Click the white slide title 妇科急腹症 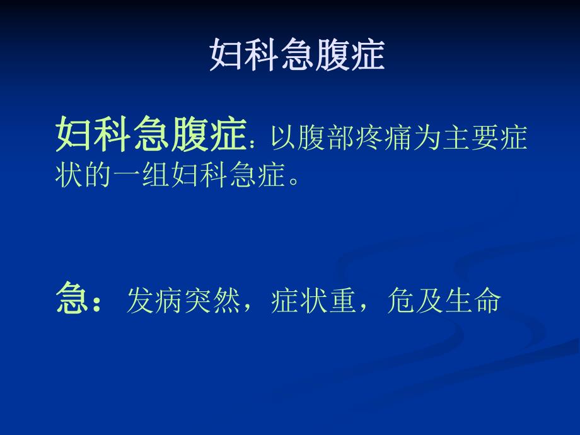[x=296, y=56]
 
